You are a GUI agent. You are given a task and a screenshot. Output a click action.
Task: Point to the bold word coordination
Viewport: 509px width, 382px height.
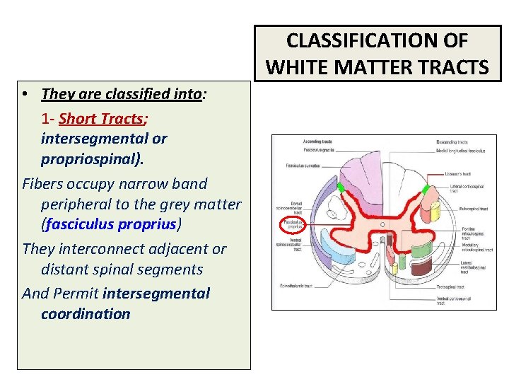click(86, 313)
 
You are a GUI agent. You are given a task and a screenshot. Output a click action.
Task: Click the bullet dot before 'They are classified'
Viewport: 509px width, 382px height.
click(25, 94)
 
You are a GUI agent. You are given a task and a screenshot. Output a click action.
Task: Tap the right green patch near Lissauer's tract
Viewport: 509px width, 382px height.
click(426, 190)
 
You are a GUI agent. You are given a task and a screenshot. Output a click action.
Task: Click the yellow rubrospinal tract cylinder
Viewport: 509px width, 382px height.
click(435, 209)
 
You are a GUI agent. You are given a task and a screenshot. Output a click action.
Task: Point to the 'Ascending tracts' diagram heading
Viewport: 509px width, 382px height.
click(297, 142)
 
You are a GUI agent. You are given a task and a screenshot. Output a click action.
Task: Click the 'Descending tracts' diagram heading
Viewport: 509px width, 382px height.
click(452, 142)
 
